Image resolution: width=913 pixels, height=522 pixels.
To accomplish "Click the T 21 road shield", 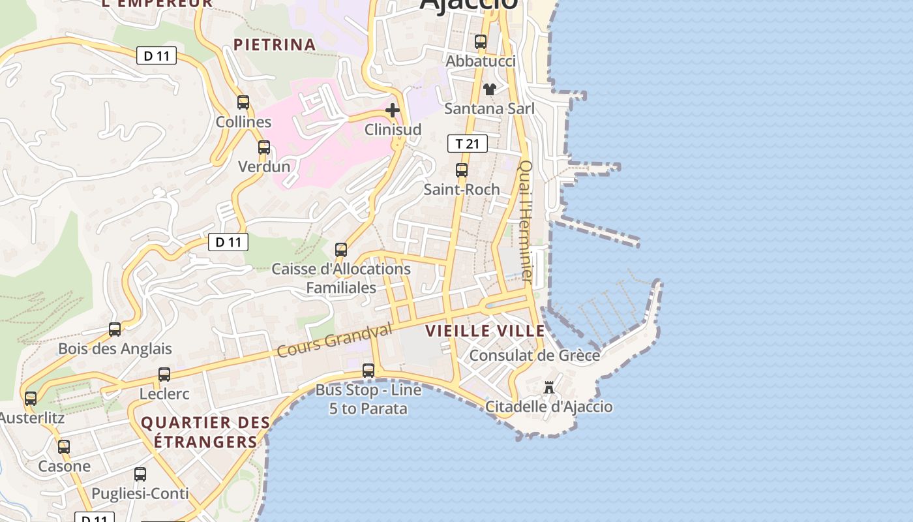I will (x=468, y=144).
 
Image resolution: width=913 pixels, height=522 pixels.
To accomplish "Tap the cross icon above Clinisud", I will (x=393, y=110).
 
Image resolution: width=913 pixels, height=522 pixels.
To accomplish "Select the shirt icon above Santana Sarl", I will (x=489, y=89).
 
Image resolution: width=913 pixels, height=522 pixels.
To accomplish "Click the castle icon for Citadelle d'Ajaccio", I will (x=549, y=388).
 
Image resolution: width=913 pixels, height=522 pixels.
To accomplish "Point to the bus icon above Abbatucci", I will (x=481, y=42).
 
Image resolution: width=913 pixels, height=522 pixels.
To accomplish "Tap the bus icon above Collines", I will (x=243, y=102).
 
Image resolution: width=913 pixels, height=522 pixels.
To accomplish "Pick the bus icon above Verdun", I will (x=264, y=147).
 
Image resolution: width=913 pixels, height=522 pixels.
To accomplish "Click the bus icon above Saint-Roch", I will (x=462, y=170).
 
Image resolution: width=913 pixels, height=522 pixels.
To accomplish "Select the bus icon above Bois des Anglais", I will (x=115, y=330).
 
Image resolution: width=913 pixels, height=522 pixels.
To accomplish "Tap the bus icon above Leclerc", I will (x=164, y=375).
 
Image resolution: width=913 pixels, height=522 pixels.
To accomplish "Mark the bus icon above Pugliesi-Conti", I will (x=140, y=474).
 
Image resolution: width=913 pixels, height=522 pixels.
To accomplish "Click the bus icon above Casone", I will (x=64, y=447).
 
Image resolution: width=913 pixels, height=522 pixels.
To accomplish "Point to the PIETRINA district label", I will (x=275, y=44).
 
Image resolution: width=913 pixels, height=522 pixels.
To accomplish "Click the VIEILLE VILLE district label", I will (x=485, y=331).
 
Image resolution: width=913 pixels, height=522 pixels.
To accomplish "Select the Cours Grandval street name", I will (x=335, y=341).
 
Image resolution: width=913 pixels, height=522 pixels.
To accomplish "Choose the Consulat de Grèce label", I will (x=535, y=356).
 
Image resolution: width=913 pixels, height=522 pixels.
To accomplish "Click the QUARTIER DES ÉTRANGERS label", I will (x=205, y=432).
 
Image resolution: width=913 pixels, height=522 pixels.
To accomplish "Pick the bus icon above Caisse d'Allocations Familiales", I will (x=341, y=250).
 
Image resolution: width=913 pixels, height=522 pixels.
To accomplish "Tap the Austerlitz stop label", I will (x=33, y=418).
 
